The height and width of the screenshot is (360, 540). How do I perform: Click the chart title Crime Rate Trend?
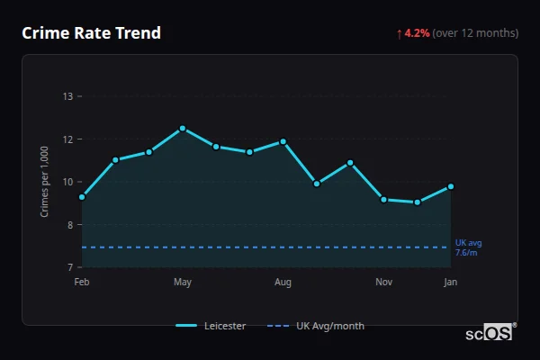click(x=91, y=33)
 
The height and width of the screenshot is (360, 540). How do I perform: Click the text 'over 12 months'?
click(x=475, y=33)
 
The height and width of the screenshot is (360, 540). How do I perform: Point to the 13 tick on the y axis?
click(x=67, y=96)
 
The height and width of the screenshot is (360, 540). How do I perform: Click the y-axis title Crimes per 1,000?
click(x=44, y=182)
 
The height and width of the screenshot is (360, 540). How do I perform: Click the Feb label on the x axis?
click(x=82, y=283)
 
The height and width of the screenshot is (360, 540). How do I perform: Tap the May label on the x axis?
click(x=183, y=283)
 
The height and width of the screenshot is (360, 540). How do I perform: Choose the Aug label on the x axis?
click(x=283, y=283)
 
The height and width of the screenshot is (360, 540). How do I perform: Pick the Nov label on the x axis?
click(x=383, y=283)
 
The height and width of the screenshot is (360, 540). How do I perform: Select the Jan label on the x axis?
click(x=450, y=283)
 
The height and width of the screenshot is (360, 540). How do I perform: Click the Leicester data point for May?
click(x=183, y=128)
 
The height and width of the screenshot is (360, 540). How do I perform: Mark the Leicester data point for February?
click(x=82, y=197)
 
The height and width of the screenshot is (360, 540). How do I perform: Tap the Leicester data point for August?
click(x=283, y=141)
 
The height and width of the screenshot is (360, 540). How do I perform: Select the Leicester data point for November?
click(x=383, y=200)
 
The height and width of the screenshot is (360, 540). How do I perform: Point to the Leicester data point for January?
click(x=451, y=186)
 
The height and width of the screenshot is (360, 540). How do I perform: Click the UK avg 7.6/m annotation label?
click(x=468, y=247)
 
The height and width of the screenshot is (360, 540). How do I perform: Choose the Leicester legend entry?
click(x=211, y=326)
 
